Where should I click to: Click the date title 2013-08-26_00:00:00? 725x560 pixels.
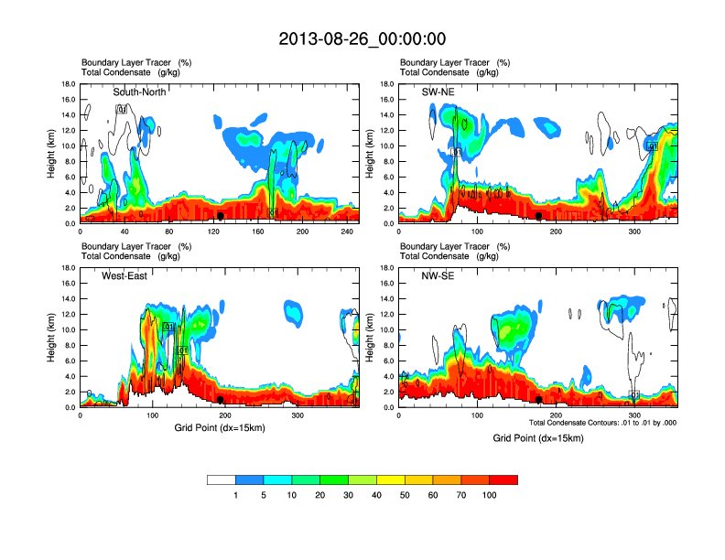pos(362,38)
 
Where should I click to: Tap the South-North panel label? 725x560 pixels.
pos(138,92)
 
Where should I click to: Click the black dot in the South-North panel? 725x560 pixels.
pos(221,216)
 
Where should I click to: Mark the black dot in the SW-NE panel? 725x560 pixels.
pos(539,216)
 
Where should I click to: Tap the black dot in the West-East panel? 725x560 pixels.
pos(221,400)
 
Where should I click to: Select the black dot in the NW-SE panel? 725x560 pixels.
pos(539,400)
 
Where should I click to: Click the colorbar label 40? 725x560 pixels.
pos(376,495)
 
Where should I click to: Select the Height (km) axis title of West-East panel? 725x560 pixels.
pos(53,338)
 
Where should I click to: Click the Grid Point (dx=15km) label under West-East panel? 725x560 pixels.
pos(219,427)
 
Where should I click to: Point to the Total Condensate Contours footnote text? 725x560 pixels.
pos(602,423)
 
